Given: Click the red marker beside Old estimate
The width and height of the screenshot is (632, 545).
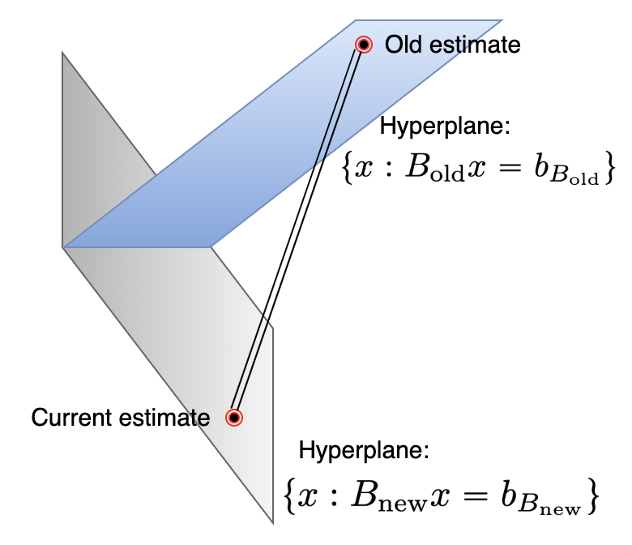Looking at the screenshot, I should pos(364,45).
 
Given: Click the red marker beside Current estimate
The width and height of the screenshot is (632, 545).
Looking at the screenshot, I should pos(234,418).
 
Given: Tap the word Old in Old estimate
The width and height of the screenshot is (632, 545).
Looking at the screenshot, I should pos(400,45).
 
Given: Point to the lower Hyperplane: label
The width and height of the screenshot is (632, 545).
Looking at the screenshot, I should pos(363,451).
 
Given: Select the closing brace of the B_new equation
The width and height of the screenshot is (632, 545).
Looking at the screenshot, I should pos(593,496).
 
